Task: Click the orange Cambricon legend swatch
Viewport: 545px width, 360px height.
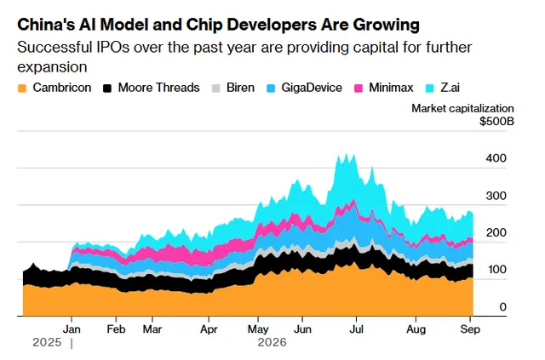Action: pos(22,89)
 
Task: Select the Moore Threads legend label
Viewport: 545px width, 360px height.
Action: pos(159,88)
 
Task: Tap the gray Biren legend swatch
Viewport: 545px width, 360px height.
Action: pos(216,89)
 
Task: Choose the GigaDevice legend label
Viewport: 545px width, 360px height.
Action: pos(312,88)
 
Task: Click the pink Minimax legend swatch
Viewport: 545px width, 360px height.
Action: pos(359,89)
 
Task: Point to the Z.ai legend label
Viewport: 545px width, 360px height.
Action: pos(450,88)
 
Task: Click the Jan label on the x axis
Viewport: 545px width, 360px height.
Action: pos(72,329)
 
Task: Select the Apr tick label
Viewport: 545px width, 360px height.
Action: pos(209,329)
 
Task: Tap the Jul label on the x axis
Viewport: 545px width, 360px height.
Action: pos(356,329)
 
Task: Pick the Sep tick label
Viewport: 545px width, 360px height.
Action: pos(470,329)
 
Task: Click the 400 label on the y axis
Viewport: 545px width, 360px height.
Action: pos(496,158)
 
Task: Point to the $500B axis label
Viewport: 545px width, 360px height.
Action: pos(497,122)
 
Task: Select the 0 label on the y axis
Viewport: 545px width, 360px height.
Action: pos(503,307)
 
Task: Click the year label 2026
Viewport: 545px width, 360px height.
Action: pos(272,343)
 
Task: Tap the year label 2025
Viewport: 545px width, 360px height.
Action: pos(47,343)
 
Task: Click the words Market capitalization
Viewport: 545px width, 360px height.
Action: pos(463,108)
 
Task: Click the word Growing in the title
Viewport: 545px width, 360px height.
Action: pos(387,25)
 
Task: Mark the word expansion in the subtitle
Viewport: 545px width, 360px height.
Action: pos(52,67)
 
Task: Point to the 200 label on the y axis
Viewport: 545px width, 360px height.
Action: pos(496,233)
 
